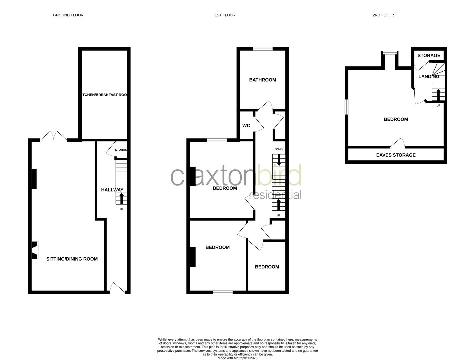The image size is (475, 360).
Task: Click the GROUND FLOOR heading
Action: pyautogui.click(x=68, y=15)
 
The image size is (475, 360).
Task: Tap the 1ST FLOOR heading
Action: pyautogui.click(x=225, y=15)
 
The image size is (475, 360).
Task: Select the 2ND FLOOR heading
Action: pyautogui.click(x=383, y=15)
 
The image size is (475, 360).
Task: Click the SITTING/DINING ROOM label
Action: pyautogui.click(x=72, y=259)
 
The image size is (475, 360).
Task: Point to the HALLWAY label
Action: pyautogui.click(x=112, y=190)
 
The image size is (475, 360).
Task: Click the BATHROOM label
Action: pyautogui.click(x=262, y=80)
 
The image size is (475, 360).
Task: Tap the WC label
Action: pyautogui.click(x=246, y=126)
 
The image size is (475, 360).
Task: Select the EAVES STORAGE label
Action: pyautogui.click(x=396, y=155)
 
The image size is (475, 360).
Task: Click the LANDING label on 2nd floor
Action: pyautogui.click(x=429, y=76)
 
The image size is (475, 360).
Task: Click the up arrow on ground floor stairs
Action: pyautogui.click(x=121, y=198)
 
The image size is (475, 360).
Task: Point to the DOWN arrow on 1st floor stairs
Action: pyautogui.click(x=279, y=161)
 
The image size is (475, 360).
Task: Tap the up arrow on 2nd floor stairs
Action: pyautogui.click(x=438, y=94)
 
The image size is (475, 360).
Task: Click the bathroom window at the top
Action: pyautogui.click(x=262, y=49)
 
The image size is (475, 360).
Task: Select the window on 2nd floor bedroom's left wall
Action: pyautogui.click(x=347, y=107)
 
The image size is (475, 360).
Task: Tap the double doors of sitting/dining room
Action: pyautogui.click(x=53, y=136)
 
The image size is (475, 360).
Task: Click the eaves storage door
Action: pyautogui.click(x=397, y=143)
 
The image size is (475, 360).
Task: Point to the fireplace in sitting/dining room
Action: pyautogui.click(x=35, y=250)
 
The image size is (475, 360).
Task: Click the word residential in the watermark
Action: pyautogui.click(x=275, y=195)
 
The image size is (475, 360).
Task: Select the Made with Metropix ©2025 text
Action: pyautogui.click(x=237, y=358)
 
